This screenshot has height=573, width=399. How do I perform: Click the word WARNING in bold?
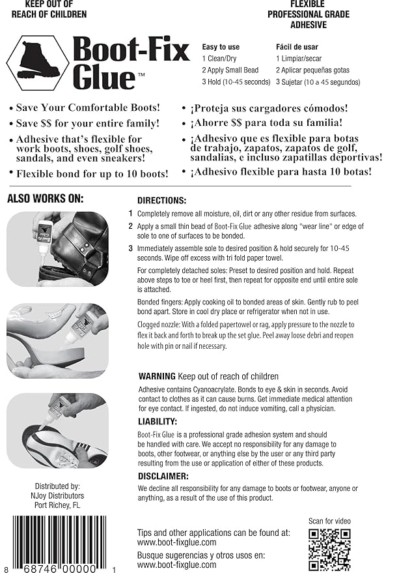(157, 376)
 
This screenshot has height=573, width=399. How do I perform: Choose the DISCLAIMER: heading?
(163, 476)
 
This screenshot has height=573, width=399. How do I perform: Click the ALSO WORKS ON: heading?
(45, 199)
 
